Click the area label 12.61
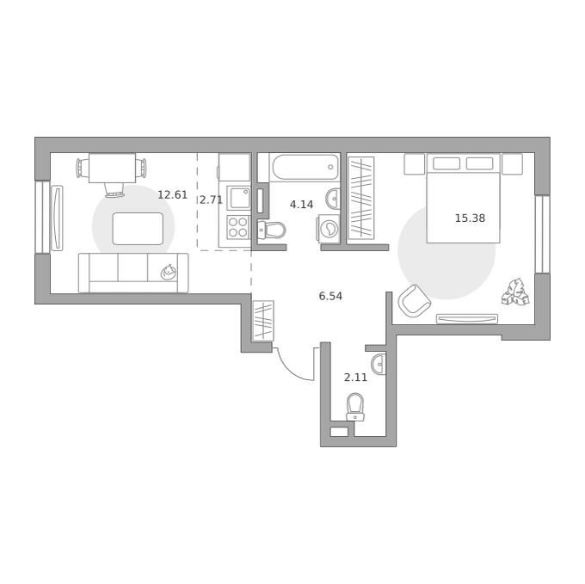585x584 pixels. (172, 194)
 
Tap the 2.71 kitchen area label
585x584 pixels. (211, 200)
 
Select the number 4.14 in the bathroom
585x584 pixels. (301, 205)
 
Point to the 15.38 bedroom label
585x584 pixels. (470, 218)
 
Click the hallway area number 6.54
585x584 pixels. (330, 296)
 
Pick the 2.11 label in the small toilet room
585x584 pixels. (355, 378)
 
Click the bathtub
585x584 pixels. (305, 168)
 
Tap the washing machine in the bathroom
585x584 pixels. (329, 227)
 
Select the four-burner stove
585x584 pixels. (238, 227)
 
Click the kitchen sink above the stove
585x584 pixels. (238, 198)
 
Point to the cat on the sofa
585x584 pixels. (169, 273)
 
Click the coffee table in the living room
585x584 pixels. (138, 229)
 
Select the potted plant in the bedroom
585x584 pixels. (515, 292)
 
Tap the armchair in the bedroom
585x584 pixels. (414, 300)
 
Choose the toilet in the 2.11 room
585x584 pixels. (355, 407)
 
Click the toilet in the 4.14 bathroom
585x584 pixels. (271, 230)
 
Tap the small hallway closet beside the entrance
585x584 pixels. (263, 321)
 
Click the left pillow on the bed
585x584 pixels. (446, 163)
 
